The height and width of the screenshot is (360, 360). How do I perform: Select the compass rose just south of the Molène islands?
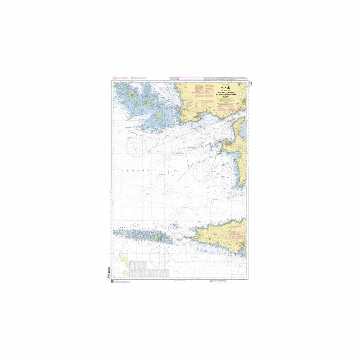(137, 145)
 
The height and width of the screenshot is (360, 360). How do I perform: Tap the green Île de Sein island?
(157, 235)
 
